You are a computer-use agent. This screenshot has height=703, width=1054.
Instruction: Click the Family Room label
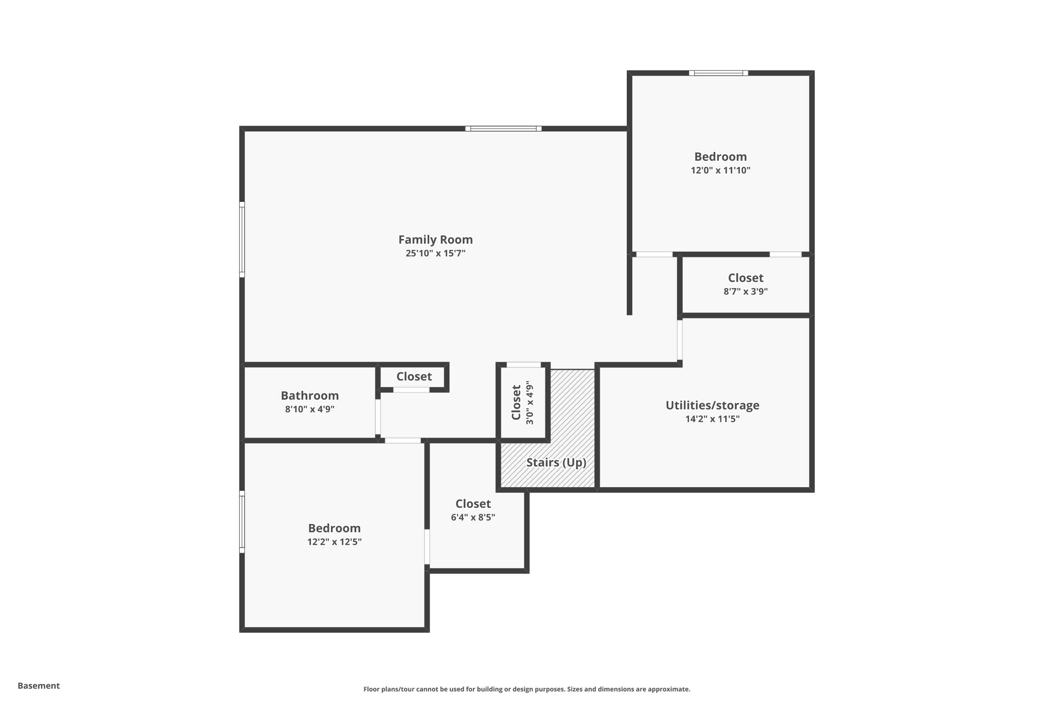(435, 239)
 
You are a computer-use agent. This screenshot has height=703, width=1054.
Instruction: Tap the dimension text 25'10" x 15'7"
(435, 253)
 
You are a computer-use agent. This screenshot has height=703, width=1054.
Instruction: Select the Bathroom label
(310, 396)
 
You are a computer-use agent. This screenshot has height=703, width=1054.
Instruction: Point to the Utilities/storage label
(712, 405)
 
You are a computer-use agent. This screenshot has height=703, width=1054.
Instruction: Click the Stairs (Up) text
(556, 462)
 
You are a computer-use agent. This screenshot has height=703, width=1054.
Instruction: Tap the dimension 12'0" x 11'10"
(721, 170)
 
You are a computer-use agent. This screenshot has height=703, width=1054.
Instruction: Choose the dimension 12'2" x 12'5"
(335, 542)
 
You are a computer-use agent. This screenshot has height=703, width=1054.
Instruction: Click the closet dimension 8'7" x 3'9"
(746, 292)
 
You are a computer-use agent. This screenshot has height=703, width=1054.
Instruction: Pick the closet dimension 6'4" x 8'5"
(473, 518)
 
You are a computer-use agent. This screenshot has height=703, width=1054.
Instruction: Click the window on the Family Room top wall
(503, 129)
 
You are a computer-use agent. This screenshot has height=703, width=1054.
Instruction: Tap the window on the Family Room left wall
(242, 240)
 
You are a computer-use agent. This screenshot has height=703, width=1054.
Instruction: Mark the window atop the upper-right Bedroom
(718, 73)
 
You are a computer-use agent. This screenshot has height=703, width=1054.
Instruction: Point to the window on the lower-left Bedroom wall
(242, 522)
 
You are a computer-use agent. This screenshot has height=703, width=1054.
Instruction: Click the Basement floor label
(39, 685)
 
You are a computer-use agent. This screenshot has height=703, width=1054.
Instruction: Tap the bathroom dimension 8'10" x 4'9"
(310, 409)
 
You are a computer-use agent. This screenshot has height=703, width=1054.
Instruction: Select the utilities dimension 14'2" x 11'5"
(712, 419)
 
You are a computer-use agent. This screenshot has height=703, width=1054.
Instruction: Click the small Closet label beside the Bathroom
(414, 376)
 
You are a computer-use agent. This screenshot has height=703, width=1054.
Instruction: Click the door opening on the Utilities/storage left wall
(679, 340)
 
